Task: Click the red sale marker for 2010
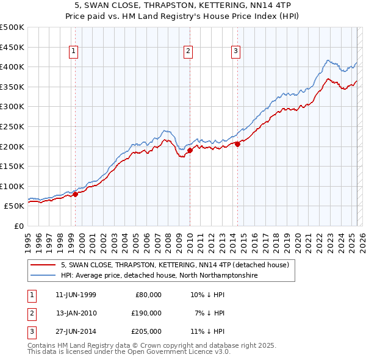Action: tap(190, 150)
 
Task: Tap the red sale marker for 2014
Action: tap(237, 144)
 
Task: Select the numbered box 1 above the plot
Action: tap(73, 52)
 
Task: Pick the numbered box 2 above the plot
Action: tap(188, 52)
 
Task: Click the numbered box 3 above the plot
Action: tap(235, 52)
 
